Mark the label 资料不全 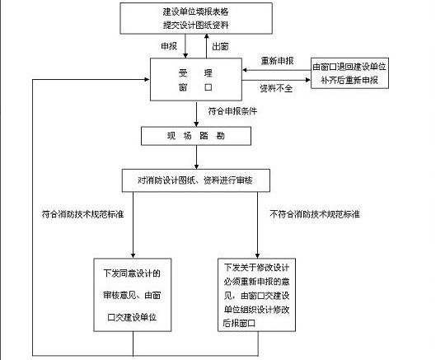[276, 88]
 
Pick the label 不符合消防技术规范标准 [319, 214]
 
